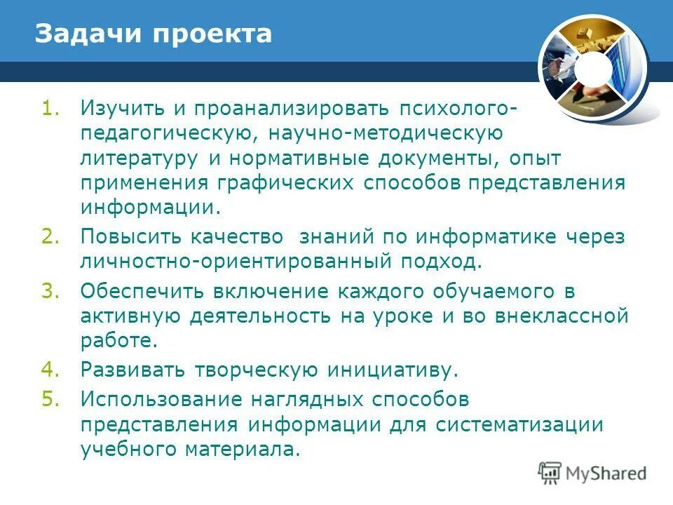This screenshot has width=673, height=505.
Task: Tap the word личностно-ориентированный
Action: (235, 262)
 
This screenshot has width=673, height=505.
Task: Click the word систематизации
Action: (519, 424)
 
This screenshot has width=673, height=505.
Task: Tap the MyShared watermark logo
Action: (592, 473)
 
